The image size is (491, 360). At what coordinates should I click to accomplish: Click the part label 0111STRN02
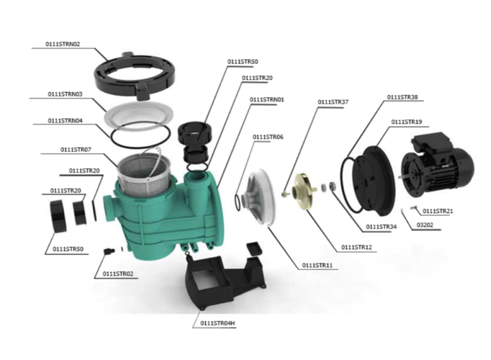click(x=63, y=44)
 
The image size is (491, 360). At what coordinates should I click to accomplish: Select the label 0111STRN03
click(x=65, y=94)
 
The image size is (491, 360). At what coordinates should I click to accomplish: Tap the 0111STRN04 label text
click(x=65, y=120)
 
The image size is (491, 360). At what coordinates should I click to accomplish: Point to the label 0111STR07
click(x=76, y=150)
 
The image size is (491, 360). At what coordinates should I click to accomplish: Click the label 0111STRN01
click(x=267, y=99)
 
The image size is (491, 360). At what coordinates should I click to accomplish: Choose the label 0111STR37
click(x=333, y=102)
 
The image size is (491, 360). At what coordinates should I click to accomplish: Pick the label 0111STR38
click(x=402, y=97)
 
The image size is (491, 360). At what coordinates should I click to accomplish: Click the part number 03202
click(x=425, y=225)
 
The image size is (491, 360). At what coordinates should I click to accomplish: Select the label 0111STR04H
click(x=217, y=323)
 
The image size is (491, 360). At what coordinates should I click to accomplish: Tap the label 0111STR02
click(x=118, y=274)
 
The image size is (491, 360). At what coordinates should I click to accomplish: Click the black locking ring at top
click(x=135, y=75)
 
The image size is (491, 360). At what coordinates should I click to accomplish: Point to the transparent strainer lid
click(x=138, y=115)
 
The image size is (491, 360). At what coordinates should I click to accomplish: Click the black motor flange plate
click(x=373, y=181)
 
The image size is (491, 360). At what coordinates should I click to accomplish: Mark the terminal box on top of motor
click(x=433, y=143)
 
